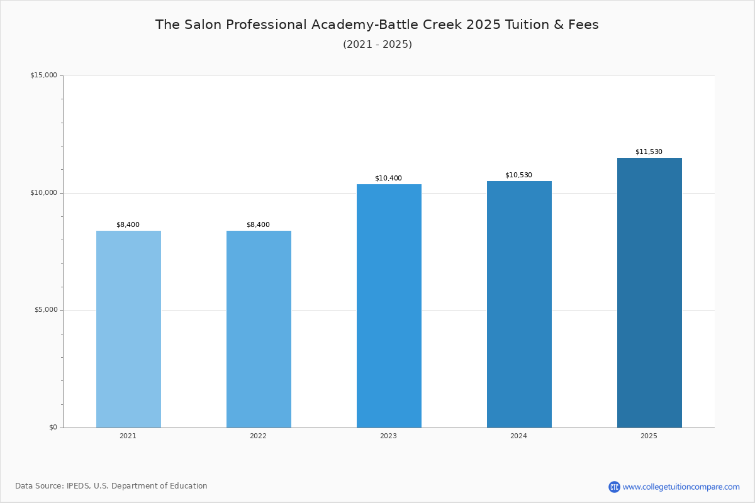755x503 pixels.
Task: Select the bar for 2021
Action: click(128, 329)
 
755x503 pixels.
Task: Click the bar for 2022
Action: click(259, 329)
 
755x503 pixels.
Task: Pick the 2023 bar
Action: click(389, 306)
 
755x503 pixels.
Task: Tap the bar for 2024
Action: click(519, 304)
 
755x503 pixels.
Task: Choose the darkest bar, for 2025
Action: click(649, 293)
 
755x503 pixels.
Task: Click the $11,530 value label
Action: click(649, 152)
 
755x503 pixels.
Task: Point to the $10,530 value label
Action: click(518, 175)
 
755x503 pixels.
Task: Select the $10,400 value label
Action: click(388, 178)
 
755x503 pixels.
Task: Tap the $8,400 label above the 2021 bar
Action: click(128, 224)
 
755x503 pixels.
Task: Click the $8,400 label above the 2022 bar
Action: click(258, 224)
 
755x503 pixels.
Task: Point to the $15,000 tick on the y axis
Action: click(44, 75)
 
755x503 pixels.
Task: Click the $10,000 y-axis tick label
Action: click(44, 192)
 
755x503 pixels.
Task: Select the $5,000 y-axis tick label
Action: click(46, 309)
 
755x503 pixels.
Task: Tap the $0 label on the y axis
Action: click(53, 427)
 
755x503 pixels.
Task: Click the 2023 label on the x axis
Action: click(388, 436)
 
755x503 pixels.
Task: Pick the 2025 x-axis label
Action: click(649, 436)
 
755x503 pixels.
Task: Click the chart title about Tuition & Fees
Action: click(377, 25)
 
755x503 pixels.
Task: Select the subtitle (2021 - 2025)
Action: click(377, 44)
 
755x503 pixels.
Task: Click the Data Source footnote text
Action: click(111, 486)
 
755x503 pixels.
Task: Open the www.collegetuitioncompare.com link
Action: click(681, 487)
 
